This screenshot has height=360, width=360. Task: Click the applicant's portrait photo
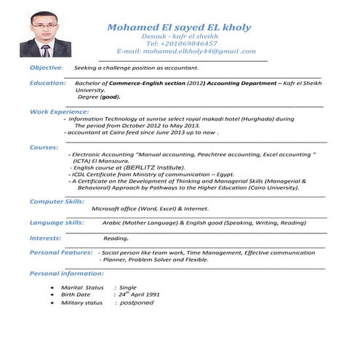(x=45, y=34)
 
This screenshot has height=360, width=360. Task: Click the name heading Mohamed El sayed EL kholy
(x=179, y=28)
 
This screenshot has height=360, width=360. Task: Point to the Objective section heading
(x=45, y=68)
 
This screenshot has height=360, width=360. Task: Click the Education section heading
(x=48, y=83)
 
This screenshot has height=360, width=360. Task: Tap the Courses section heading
(x=44, y=148)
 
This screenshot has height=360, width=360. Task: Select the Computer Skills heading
(x=57, y=201)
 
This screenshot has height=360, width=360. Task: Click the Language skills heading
(x=57, y=222)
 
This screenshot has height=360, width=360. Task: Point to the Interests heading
(x=45, y=238)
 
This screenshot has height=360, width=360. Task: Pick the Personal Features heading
(x=61, y=252)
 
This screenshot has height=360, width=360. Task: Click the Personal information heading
(x=66, y=273)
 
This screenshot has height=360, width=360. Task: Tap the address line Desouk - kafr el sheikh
(x=177, y=36)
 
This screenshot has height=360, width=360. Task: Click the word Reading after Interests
(x=116, y=239)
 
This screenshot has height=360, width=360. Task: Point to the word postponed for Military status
(x=137, y=303)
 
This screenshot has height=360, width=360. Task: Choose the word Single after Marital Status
(x=128, y=287)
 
